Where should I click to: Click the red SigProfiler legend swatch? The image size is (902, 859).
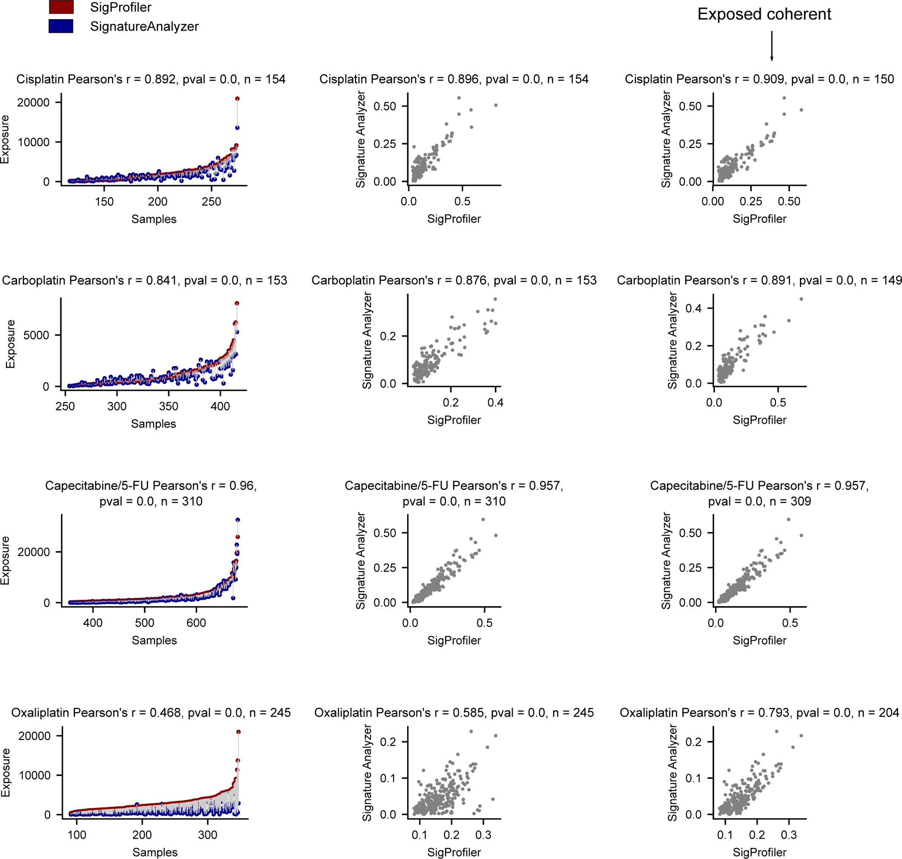pos(61,7)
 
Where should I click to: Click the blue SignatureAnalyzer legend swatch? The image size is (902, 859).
pos(61,26)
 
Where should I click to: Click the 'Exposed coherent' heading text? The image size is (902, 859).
pos(764,14)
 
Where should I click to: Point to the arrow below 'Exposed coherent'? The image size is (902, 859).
pos(771,46)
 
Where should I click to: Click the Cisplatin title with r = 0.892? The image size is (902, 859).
pos(151,79)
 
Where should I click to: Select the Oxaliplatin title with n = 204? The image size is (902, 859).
pos(759,713)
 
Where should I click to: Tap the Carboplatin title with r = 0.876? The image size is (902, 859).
pos(454,280)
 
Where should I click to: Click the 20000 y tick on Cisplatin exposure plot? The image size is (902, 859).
pos(34,103)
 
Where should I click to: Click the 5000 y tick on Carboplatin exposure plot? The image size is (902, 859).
pos(36,335)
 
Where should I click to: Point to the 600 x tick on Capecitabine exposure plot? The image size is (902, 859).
pos(196,623)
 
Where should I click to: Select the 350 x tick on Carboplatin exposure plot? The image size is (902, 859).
pos(168,406)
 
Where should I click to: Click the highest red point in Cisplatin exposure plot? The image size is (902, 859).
pos(237,98)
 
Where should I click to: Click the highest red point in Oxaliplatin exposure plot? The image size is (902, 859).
pos(238,732)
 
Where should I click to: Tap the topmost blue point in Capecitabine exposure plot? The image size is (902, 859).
pos(238,520)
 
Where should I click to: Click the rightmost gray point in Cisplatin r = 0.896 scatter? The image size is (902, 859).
pos(495,106)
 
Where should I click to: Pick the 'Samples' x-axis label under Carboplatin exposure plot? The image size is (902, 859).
pos(154,424)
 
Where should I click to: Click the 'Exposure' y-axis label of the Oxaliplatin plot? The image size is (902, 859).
pos(6,773)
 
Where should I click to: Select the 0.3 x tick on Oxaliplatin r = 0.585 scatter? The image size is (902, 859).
pos(483,835)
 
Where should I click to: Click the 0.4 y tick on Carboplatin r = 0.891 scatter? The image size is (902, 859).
pos(693,308)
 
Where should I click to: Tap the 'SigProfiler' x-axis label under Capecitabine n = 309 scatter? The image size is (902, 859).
pos(759,640)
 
